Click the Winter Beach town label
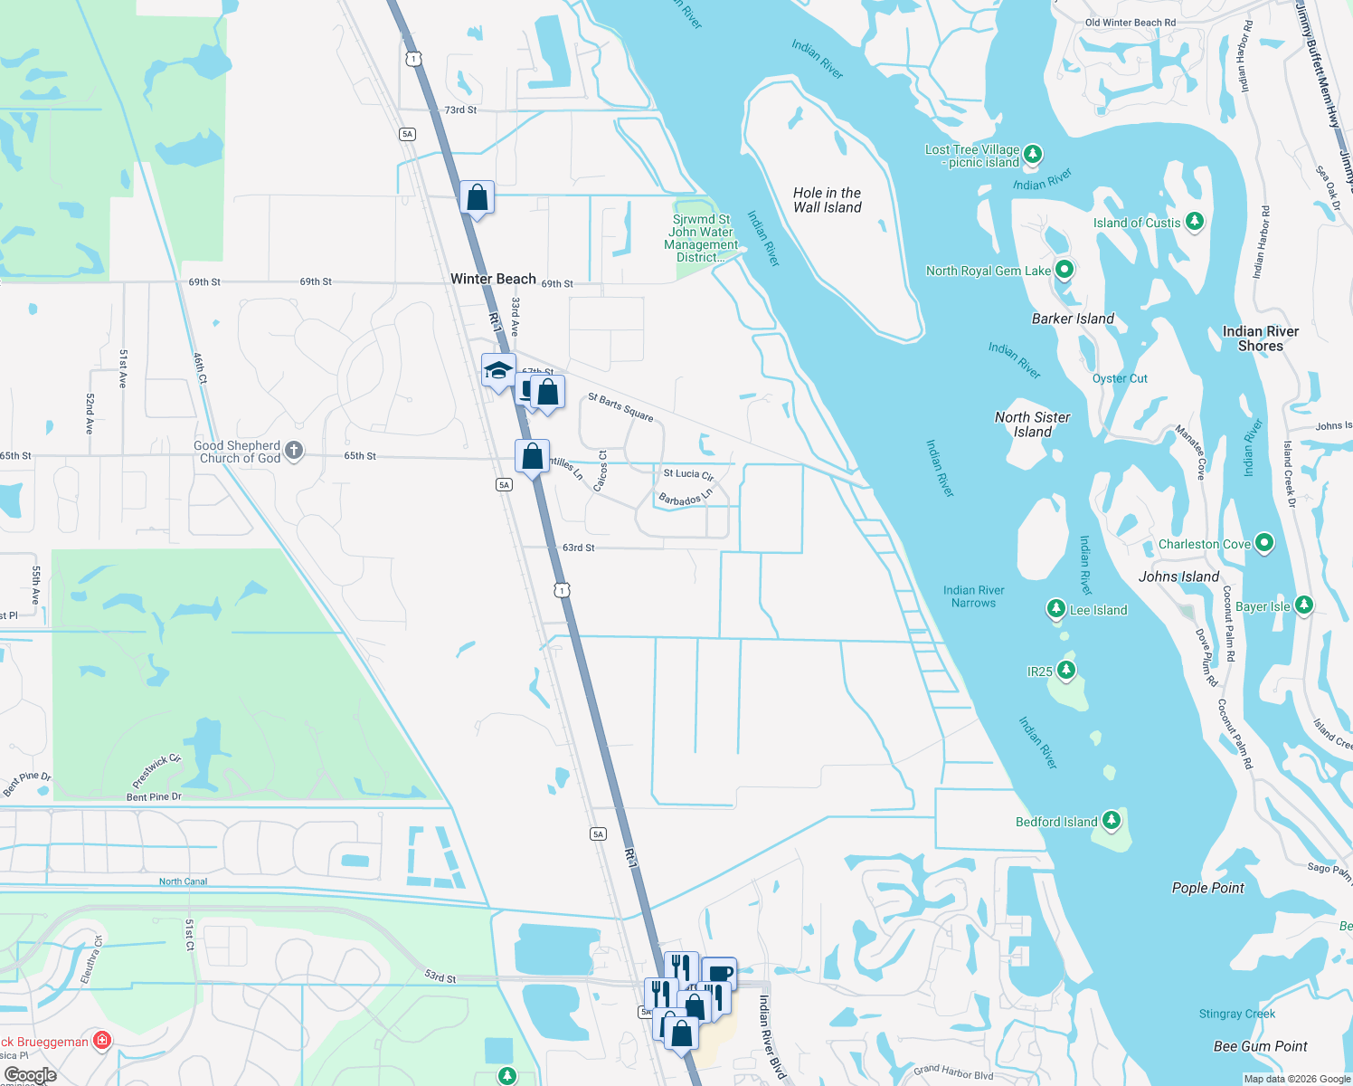pos(493,279)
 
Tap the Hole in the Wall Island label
pos(827,200)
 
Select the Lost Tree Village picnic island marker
pos(1033,154)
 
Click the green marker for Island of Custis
pos(1195,221)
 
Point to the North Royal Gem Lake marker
pos(1064,269)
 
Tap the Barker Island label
pos(1073,319)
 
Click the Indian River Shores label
pos(1260,338)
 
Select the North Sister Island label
pos(1032,424)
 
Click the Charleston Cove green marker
pos(1264,543)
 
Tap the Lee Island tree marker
pos(1055,608)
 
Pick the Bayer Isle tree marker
pos(1303,605)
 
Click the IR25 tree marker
pos(1066,670)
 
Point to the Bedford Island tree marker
pos(1112,821)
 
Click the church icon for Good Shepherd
pos(295,451)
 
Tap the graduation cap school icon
pos(498,370)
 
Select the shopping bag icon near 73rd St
pos(477,197)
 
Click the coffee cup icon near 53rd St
pos(720,974)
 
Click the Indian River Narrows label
pos(973,596)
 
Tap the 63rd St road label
pos(579,548)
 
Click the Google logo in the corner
pos(31,1074)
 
